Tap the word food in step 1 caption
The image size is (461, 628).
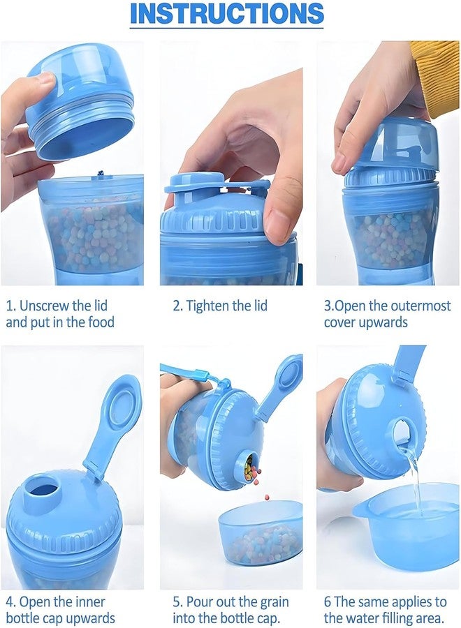click(99, 322)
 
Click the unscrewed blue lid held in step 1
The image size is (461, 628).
click(80, 101)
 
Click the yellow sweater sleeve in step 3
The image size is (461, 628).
click(436, 73)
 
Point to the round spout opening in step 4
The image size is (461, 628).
click(43, 488)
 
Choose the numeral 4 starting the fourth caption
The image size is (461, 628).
click(10, 601)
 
